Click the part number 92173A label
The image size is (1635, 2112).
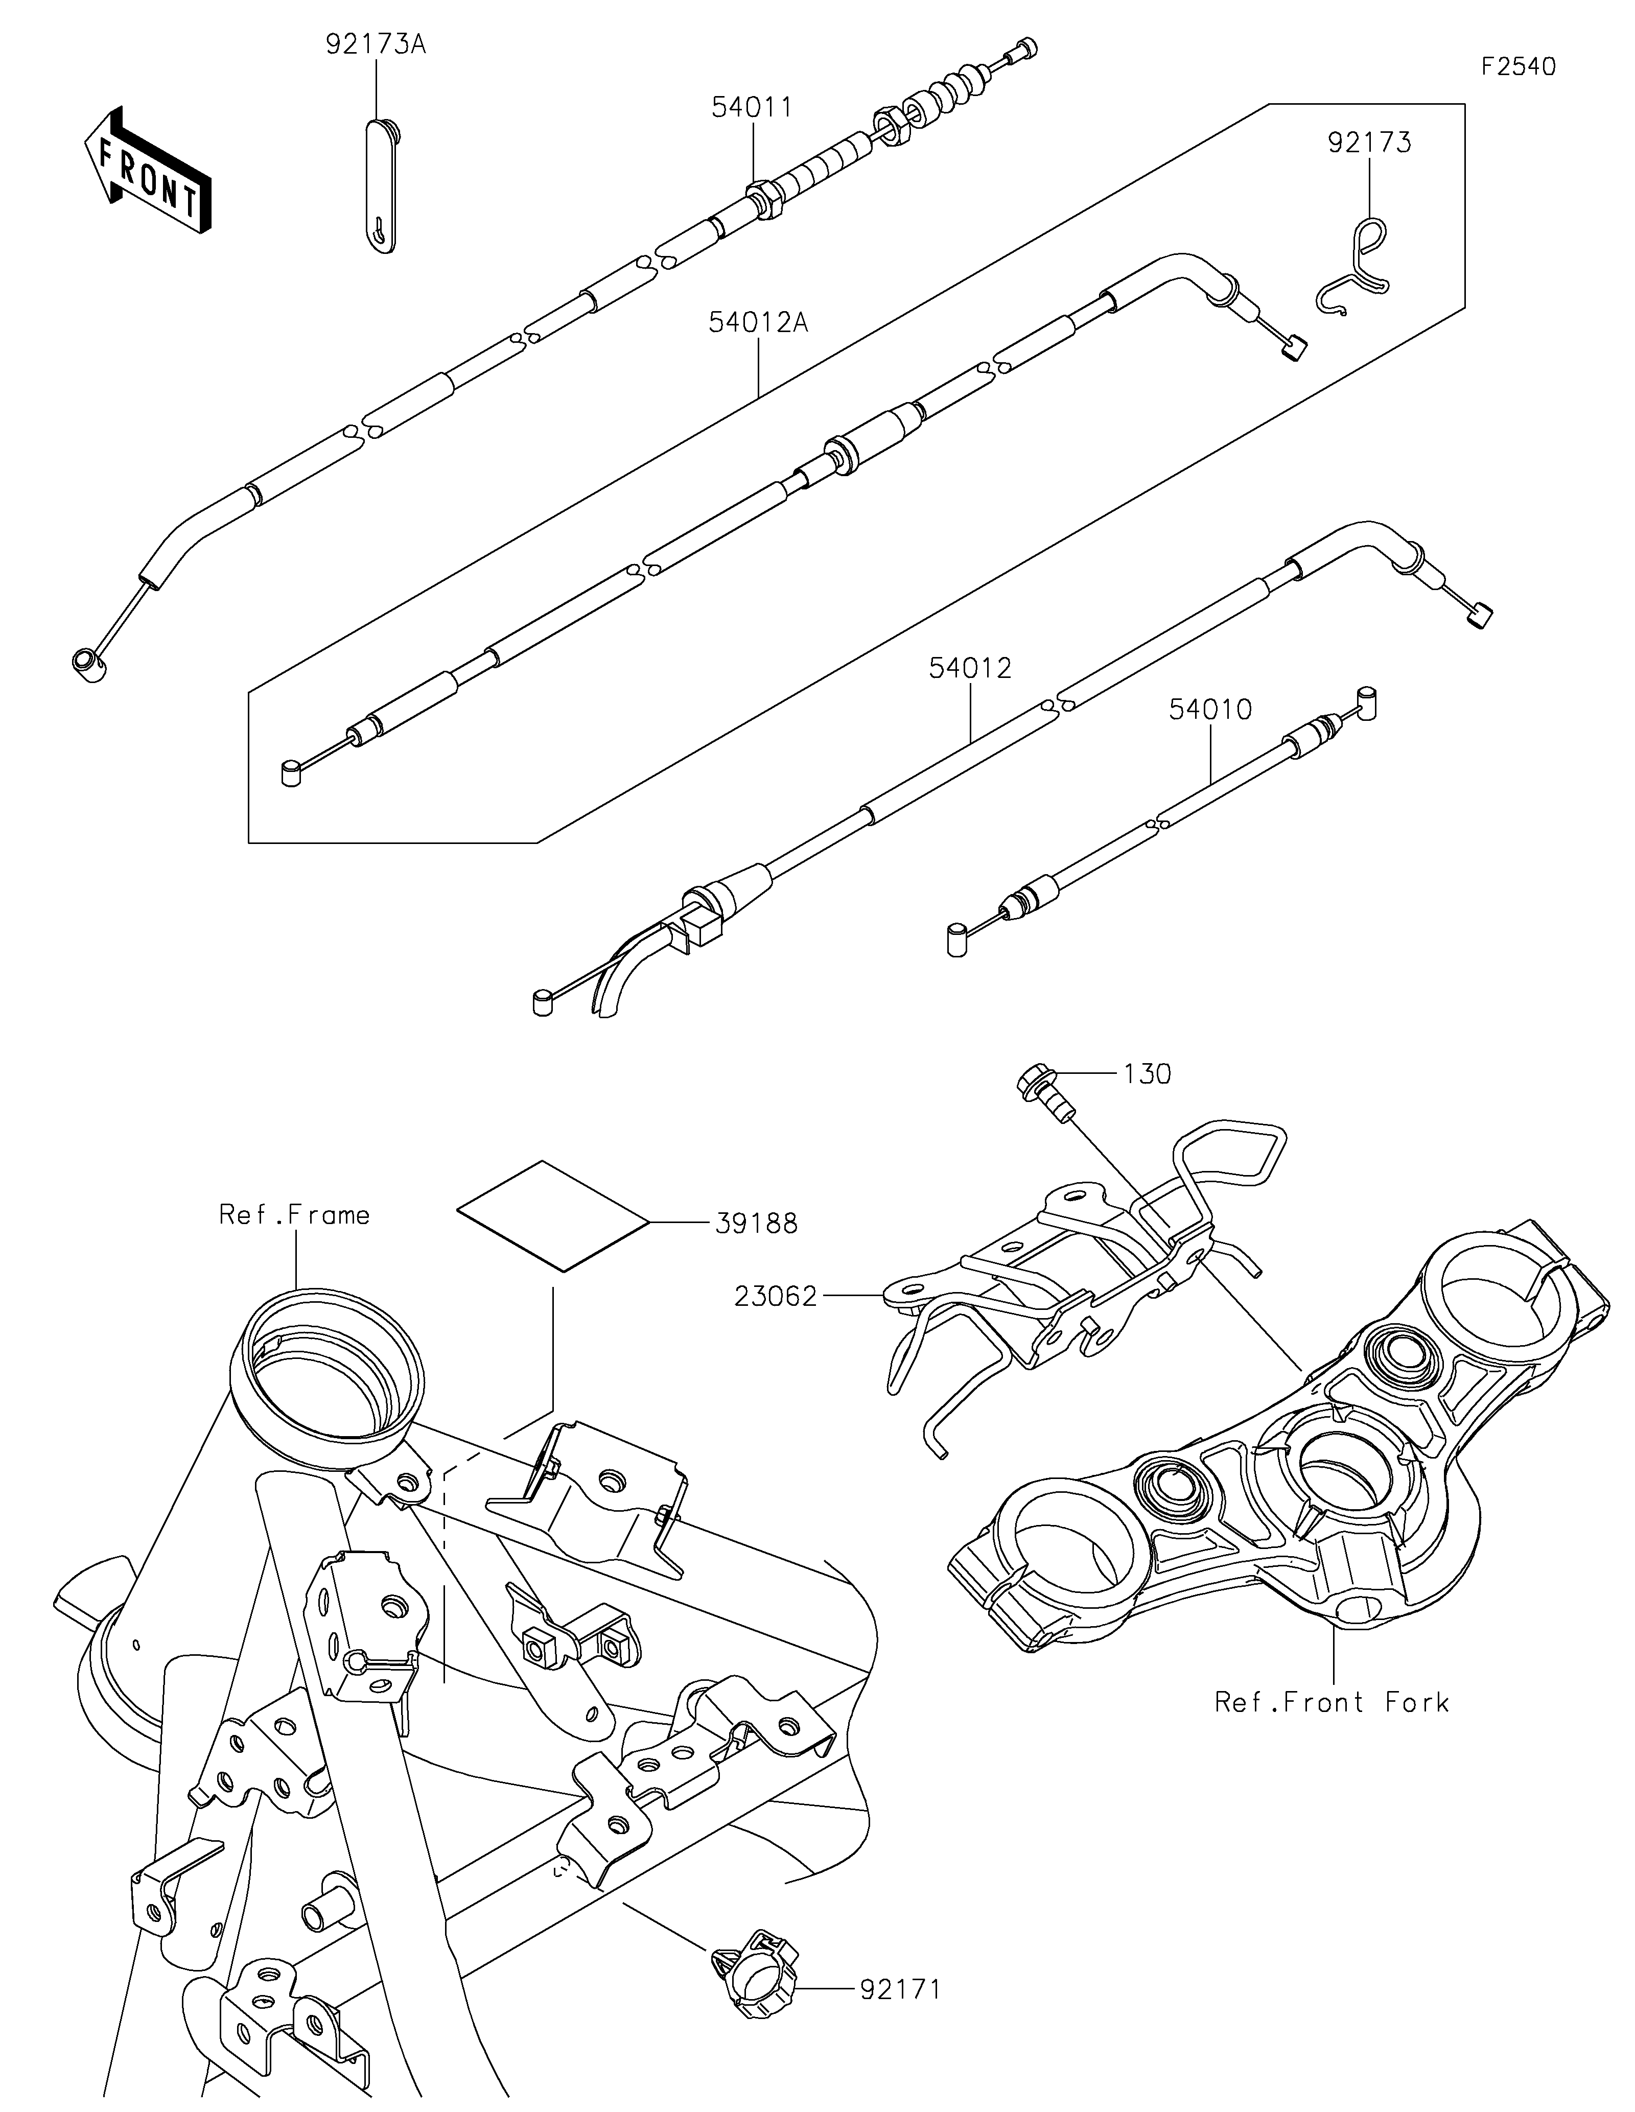click(375, 45)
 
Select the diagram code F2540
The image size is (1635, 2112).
click(1519, 67)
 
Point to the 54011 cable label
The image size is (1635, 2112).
click(752, 107)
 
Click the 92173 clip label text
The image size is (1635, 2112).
click(1369, 143)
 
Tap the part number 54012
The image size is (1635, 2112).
click(970, 668)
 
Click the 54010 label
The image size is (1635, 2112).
click(1210, 710)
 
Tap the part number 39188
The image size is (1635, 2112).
click(756, 1224)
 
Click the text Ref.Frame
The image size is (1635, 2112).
click(295, 1214)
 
